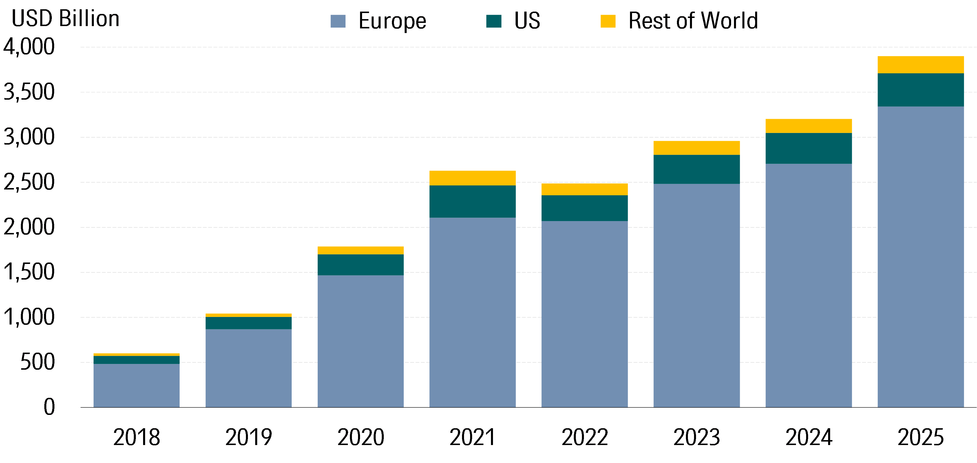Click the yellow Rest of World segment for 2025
tap(921, 65)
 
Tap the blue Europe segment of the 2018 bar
tap(136, 385)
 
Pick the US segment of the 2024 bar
tap(809, 148)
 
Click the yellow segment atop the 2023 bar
tap(696, 148)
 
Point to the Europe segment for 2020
tap(360, 341)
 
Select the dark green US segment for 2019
tap(249, 323)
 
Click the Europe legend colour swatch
tap(338, 21)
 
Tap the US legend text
tap(527, 21)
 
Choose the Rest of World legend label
tap(693, 21)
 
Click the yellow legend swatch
tap(608, 21)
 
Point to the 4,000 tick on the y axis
tap(29, 47)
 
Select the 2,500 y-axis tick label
tap(29, 182)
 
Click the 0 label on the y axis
tap(49, 407)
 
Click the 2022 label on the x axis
tap(585, 437)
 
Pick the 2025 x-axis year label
tap(921, 437)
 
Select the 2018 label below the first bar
tap(136, 437)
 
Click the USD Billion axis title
tap(66, 19)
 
